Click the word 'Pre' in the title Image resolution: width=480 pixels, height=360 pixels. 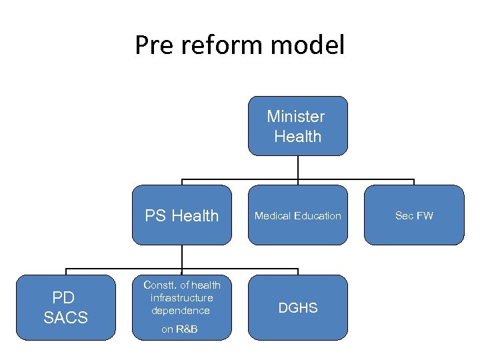click(151, 45)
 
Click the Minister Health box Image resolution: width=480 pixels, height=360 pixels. click(297, 126)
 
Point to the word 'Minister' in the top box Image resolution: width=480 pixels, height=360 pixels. click(296, 116)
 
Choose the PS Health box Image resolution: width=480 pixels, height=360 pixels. click(182, 215)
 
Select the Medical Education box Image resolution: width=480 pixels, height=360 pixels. click(297, 215)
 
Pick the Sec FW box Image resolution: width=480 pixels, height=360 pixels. click(414, 215)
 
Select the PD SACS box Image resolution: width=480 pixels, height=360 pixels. click(66, 307)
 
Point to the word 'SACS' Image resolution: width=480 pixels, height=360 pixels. click(66, 317)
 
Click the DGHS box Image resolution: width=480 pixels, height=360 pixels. click(297, 307)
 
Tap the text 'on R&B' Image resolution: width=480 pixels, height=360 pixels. click(180, 329)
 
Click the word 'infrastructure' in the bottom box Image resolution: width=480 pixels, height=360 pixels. click(182, 298)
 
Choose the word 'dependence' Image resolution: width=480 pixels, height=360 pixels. click(181, 311)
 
